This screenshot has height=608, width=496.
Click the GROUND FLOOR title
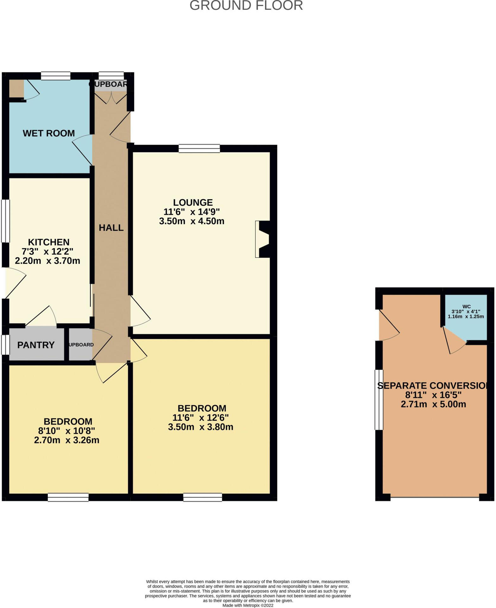pos(246,6)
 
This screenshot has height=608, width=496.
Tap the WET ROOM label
pos(49,133)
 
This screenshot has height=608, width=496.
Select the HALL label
pos(111,228)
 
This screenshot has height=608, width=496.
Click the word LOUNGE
pos(193,202)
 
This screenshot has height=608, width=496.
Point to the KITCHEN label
pos(49,242)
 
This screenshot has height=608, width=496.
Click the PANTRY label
pos(36,345)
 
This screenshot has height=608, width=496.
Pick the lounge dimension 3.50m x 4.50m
pos(191,221)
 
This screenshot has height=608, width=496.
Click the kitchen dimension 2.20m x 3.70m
pos(47,261)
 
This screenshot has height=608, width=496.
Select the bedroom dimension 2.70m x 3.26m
pos(66,440)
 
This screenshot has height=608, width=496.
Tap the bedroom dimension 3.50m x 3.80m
pos(200,427)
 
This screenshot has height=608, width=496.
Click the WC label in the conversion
pos(466,307)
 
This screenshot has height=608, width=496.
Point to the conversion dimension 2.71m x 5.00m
pos(433,404)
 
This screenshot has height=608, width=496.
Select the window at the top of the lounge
pos(199,148)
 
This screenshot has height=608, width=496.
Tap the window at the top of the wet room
pos(56,76)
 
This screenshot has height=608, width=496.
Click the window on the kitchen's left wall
pos(5,221)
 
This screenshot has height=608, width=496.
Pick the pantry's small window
pos(5,345)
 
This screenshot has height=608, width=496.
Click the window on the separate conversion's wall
pos(379,400)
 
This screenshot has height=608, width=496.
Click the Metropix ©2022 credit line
pos(248,605)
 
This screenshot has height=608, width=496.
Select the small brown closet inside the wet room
pos(16,89)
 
